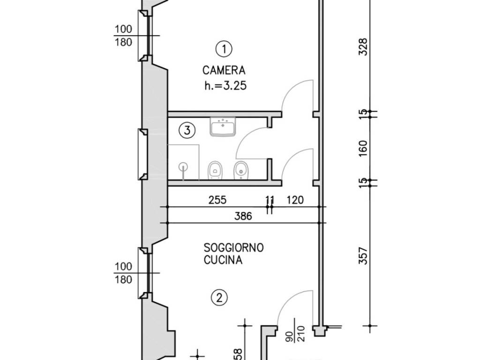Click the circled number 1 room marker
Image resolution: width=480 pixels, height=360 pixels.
pyautogui.click(x=224, y=48)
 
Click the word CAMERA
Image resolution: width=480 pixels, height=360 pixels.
pyautogui.click(x=224, y=71)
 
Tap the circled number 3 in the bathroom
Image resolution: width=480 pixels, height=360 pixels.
pyautogui.click(x=187, y=131)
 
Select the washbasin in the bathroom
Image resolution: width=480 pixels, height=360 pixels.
pyautogui.click(x=223, y=127)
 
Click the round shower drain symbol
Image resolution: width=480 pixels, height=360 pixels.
pyautogui.click(x=183, y=166)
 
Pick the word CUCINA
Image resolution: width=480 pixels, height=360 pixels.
pyautogui.click(x=223, y=261)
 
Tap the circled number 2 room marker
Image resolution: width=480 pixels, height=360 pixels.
pyautogui.click(x=219, y=297)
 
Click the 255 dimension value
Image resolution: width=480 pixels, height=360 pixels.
pyautogui.click(x=217, y=200)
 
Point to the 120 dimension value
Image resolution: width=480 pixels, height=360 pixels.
pyautogui.click(x=295, y=200)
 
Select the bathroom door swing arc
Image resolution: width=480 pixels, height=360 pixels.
pyautogui.click(x=247, y=136)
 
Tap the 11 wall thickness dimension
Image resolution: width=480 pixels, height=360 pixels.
pyautogui.click(x=270, y=200)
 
